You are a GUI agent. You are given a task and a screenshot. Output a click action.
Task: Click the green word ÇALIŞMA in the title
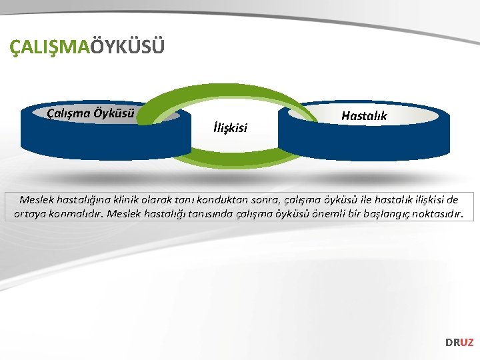click(x=50, y=48)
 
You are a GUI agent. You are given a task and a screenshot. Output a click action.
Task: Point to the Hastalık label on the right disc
click(x=364, y=116)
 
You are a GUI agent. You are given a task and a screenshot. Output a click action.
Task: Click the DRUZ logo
click(x=459, y=342)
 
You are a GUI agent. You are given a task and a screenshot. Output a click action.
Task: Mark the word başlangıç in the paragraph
click(x=375, y=215)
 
